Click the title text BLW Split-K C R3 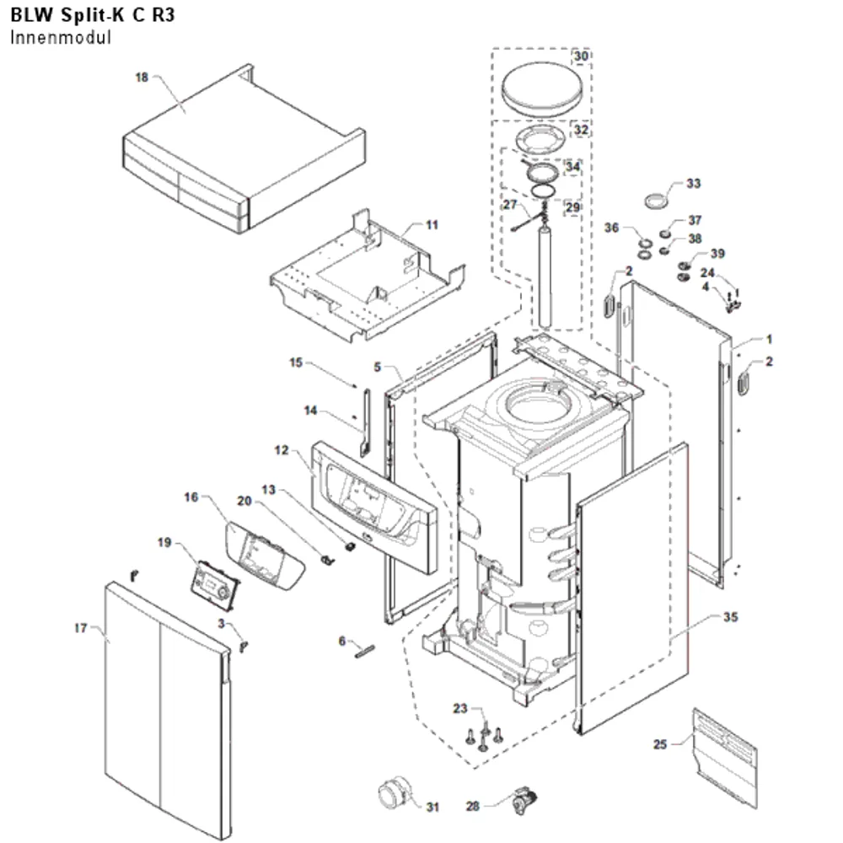[93, 15]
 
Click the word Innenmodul [61, 38]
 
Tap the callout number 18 [142, 78]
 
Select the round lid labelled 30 [542, 89]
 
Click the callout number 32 [581, 130]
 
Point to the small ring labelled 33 [657, 201]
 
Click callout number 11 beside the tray [432, 225]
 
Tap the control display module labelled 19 [215, 586]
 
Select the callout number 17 [81, 627]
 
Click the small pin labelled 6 [364, 651]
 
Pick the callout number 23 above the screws [460, 708]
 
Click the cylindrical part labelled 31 [395, 793]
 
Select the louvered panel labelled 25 [725, 758]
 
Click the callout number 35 [730, 617]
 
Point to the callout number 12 [282, 450]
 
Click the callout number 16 [191, 497]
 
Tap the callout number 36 [611, 228]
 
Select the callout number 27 [510, 204]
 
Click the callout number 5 [378, 367]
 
